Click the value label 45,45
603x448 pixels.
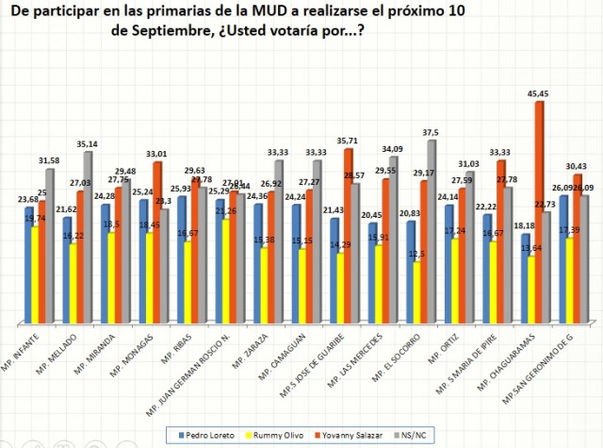[538, 92]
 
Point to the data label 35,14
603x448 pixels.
[90, 143]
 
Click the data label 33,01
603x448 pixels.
[157, 154]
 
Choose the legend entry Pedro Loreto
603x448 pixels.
[210, 434]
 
